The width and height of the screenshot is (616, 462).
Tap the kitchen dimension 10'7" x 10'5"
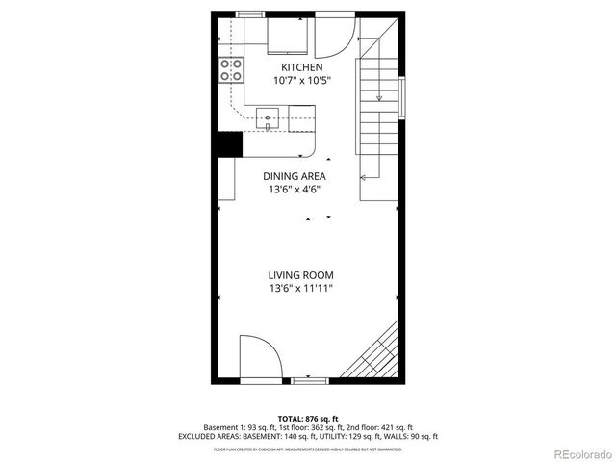tap(300, 80)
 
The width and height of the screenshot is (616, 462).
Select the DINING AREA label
tap(295, 176)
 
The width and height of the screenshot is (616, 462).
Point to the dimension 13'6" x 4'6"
tap(295, 190)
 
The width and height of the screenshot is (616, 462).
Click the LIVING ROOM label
tap(300, 275)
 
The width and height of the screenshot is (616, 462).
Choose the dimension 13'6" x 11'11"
tap(300, 289)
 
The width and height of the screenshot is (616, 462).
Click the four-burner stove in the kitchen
tap(231, 69)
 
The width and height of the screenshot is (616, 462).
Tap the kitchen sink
tap(268, 119)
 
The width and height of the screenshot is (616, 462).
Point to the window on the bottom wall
tap(308, 381)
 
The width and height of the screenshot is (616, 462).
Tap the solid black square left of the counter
tap(227, 142)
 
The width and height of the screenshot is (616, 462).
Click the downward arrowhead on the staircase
tap(379, 97)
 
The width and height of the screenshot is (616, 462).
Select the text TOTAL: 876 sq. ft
tap(307, 419)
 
